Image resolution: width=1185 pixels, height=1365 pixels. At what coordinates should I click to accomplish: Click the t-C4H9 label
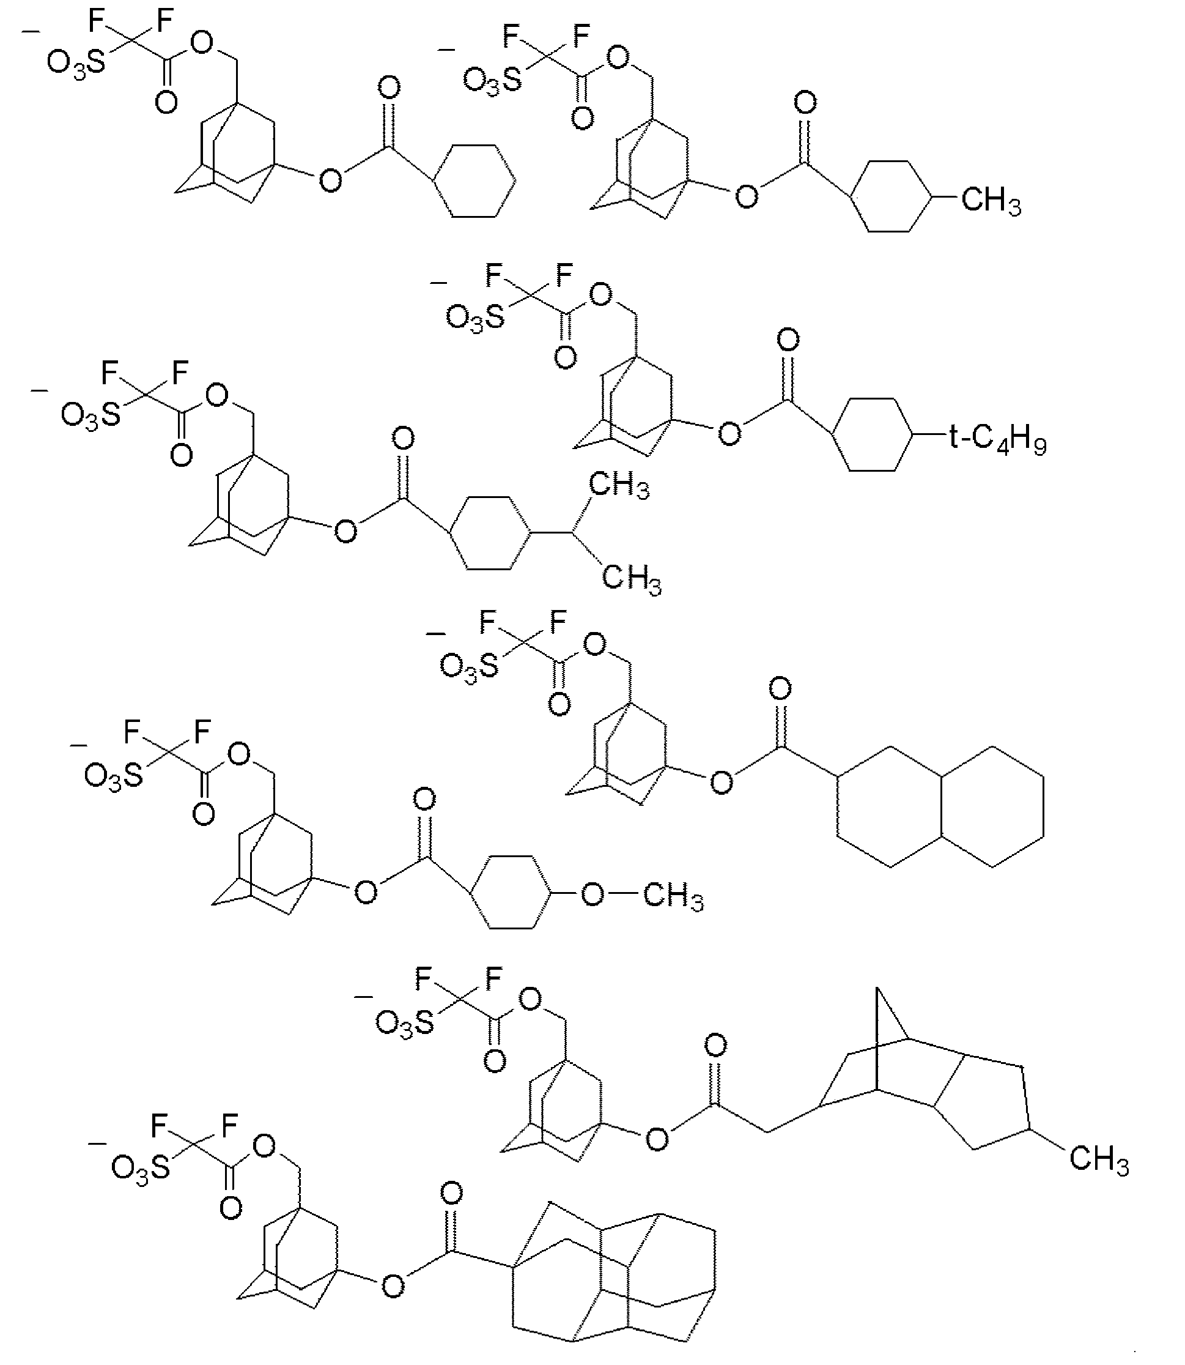[997, 439]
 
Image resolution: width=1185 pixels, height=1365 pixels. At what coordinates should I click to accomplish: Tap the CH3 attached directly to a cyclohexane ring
[991, 200]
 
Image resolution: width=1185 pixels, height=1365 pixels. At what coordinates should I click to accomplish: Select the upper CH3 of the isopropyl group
[618, 486]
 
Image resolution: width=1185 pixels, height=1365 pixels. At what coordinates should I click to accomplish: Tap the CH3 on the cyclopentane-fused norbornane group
[1099, 1159]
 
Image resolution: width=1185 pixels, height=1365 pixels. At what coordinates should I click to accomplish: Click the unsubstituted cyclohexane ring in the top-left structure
[474, 180]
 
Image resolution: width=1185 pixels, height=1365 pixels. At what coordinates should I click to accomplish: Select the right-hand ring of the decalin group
[992, 806]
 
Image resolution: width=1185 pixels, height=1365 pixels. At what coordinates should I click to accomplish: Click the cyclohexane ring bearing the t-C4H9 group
[872, 435]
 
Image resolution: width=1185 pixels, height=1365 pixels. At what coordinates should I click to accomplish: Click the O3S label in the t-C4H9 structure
[474, 319]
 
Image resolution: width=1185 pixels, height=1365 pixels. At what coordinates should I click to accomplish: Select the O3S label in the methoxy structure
[113, 775]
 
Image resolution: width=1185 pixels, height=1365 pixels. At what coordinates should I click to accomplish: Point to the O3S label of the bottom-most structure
[140, 1169]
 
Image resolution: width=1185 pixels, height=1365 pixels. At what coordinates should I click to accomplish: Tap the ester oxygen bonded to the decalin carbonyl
[722, 783]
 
